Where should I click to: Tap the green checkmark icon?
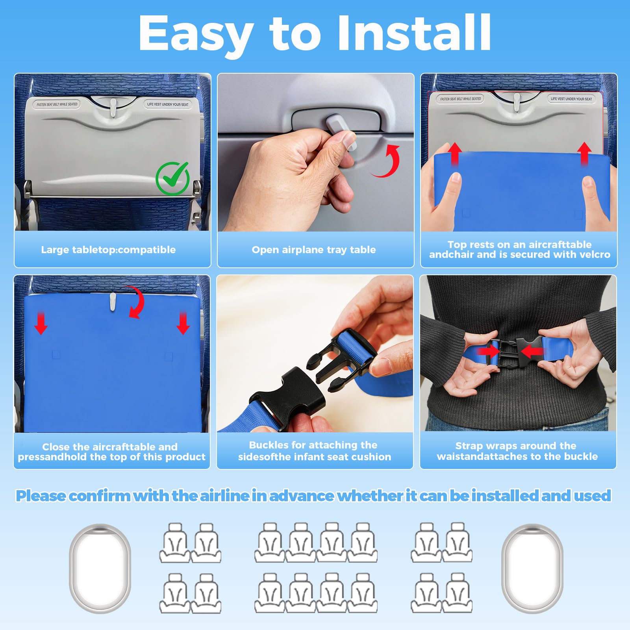pos(172,178)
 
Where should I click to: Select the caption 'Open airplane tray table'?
pos(314,250)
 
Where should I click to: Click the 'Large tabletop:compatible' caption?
pos(108,250)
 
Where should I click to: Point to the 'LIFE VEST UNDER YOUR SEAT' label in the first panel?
pos(168,104)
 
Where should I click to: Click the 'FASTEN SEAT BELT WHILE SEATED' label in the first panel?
pos(57,104)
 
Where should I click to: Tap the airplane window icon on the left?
pos(100,568)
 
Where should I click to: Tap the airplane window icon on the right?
pos(532,568)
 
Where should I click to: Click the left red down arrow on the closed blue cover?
pos(41,323)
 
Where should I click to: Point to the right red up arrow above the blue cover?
pos(584,154)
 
